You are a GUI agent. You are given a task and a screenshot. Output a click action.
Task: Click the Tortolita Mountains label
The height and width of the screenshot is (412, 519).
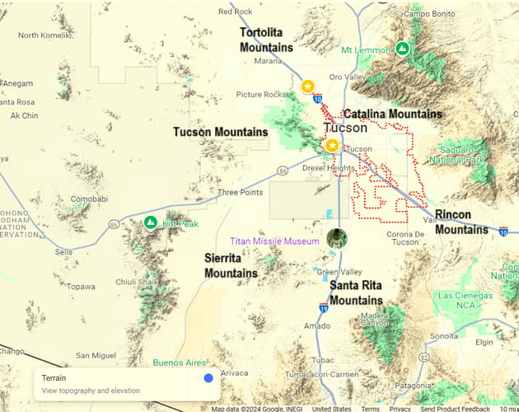[266, 40]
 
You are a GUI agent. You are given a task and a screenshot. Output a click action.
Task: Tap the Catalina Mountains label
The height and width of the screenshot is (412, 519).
[392, 114]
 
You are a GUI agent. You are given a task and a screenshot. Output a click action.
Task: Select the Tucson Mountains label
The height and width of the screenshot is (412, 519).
[220, 132]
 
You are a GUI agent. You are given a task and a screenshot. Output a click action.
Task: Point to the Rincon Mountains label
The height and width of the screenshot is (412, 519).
[461, 222]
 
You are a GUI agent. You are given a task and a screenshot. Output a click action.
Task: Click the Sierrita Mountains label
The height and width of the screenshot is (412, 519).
[231, 265]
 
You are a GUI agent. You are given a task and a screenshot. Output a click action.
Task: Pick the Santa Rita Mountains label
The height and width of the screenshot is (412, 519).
[356, 293]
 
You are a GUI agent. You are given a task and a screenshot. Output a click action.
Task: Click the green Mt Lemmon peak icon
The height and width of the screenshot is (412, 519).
[402, 49]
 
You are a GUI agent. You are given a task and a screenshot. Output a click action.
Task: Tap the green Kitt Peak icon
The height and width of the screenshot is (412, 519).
[150, 222]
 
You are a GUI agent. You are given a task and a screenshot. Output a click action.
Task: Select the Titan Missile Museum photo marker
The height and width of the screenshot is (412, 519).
[336, 239]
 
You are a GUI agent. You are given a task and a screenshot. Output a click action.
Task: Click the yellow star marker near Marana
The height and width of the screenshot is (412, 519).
[307, 87]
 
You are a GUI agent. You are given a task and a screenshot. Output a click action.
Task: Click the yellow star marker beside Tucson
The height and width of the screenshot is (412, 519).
[332, 146]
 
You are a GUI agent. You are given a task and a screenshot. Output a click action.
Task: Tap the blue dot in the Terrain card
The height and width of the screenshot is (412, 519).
[208, 378]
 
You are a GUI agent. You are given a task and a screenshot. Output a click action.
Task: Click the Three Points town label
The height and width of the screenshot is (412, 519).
[241, 193]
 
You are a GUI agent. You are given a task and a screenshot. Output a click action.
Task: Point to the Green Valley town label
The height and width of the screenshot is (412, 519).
[339, 272]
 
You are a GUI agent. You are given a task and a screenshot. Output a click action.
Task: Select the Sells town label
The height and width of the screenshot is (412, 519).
[63, 251]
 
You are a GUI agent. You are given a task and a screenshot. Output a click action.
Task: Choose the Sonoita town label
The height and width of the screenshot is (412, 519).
[444, 336]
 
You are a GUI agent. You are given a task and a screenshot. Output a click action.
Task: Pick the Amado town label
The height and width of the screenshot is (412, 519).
[316, 326]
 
